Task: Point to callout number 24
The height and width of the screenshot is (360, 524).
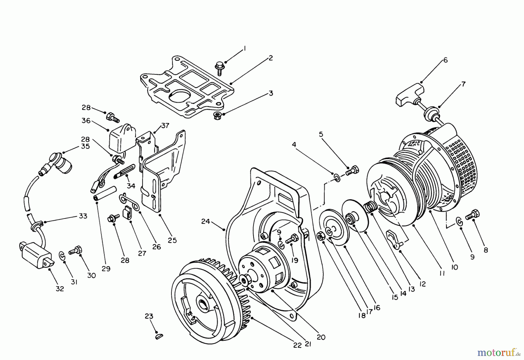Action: point(206,221)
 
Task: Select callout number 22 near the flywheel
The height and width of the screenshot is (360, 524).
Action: point(297,345)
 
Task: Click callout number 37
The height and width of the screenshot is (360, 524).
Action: point(165,125)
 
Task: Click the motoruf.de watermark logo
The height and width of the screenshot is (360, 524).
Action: point(498,353)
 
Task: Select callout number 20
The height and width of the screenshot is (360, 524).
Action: point(321,337)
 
